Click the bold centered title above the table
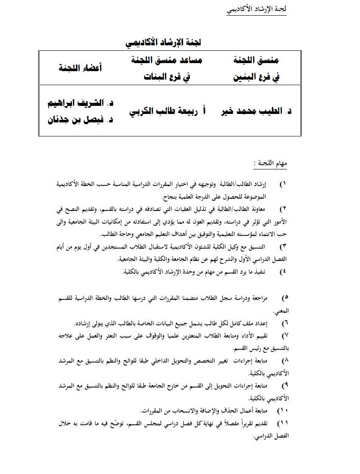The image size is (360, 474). [x=163, y=42]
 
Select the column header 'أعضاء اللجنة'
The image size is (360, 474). [x=81, y=68]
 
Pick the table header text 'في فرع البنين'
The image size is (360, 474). [x=257, y=78]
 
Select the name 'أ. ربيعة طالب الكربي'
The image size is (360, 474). [x=166, y=111]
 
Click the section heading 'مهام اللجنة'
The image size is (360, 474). [x=272, y=164]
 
